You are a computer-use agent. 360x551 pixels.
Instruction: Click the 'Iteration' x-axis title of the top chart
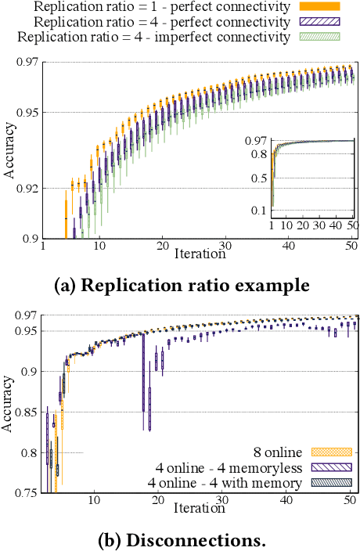200,254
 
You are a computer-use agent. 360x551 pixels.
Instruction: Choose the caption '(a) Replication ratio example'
180,285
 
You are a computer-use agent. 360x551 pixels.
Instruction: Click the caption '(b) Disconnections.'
180,540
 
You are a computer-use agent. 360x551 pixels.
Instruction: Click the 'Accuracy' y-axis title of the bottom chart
9,404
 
